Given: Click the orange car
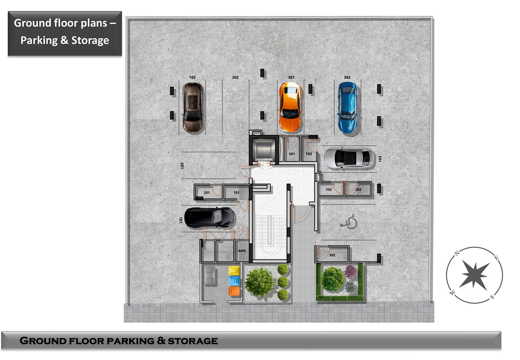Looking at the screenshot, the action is [x=290, y=107].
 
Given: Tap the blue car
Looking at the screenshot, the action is [x=347, y=107].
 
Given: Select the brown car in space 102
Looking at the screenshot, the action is [x=192, y=107].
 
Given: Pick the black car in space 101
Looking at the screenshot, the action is [x=209, y=218].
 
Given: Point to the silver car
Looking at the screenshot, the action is [x=349, y=158].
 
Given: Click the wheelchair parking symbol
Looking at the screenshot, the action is [x=349, y=222].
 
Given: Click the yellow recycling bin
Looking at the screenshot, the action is [x=234, y=271].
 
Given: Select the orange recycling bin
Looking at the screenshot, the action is [x=234, y=291].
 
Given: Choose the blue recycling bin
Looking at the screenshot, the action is [x=234, y=281].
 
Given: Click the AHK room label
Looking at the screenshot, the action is [x=242, y=251].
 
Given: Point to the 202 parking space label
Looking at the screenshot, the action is [x=235, y=77].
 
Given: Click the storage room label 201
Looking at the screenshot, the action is [x=207, y=193].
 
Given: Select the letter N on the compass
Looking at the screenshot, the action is [x=457, y=253].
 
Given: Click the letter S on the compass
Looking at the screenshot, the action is [x=492, y=297].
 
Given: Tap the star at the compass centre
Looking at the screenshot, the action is [x=475, y=275].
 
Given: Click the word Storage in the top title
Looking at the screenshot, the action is [x=90, y=41].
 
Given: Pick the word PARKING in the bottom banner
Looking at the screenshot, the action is [x=130, y=341].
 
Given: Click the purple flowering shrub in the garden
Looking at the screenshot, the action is [x=351, y=271].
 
